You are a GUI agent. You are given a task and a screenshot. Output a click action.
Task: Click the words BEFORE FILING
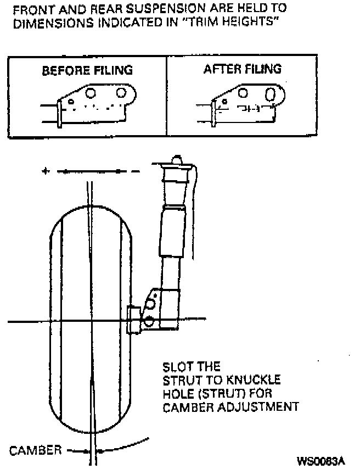[x=87, y=71]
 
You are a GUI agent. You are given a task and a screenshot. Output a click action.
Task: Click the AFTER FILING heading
[x=242, y=69]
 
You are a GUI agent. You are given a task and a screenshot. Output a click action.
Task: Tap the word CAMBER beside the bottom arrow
[x=35, y=450]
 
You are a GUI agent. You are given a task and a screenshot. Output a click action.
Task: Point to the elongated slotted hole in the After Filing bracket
[x=270, y=94]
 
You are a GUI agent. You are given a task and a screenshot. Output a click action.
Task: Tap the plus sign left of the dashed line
[x=46, y=171]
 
